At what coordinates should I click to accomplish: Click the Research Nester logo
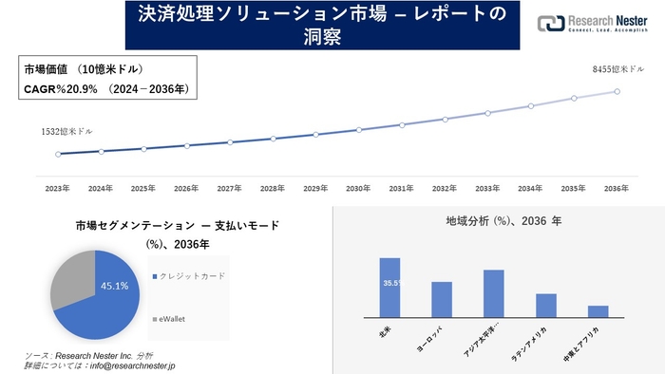tap(588, 24)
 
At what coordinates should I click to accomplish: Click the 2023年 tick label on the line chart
tap(58, 189)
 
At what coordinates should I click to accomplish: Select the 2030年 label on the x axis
tap(358, 189)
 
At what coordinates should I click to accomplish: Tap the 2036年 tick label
tap(617, 189)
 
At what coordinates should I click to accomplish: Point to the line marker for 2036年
tap(617, 91)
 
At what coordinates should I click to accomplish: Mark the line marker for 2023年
tap(58, 154)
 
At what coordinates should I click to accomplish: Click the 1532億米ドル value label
tap(67, 131)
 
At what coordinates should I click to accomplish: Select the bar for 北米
tap(389, 287)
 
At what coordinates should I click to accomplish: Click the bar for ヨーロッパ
tap(442, 299)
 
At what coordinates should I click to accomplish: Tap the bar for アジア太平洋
tap(493, 293)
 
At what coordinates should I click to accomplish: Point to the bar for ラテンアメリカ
tap(545, 305)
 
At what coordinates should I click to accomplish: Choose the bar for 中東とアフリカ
tap(598, 310)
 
